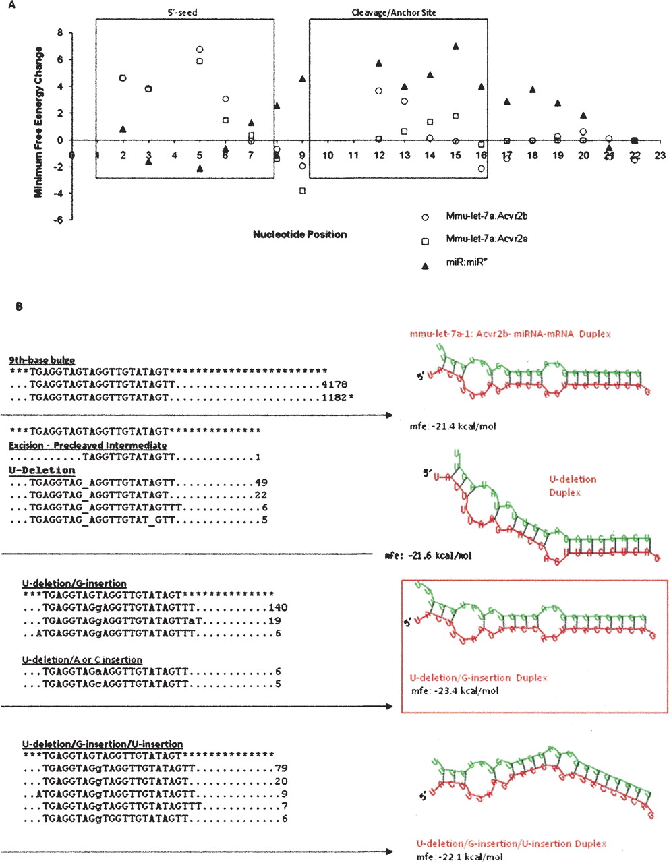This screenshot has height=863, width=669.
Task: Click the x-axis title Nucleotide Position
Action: pyautogui.click(x=299, y=235)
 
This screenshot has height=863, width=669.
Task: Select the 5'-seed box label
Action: pyautogui.click(x=182, y=13)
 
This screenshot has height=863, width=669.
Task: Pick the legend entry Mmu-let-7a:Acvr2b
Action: pyautogui.click(x=481, y=216)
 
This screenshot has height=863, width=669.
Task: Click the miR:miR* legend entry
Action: pyautogui.click(x=467, y=263)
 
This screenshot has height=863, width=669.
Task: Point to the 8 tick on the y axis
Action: pyautogui.click(x=60, y=33)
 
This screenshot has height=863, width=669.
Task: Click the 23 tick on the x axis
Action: pyautogui.click(x=660, y=156)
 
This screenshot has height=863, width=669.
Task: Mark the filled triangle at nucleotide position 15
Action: pyautogui.click(x=456, y=47)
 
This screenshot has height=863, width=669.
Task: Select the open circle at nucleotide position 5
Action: pyautogui.click(x=200, y=49)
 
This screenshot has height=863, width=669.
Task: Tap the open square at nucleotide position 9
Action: pyautogui.click(x=302, y=191)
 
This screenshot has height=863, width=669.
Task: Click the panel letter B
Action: pyautogui.click(x=20, y=307)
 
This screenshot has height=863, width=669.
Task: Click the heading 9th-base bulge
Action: pyautogui.click(x=42, y=361)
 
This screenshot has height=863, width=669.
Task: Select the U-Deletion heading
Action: pyautogui.click(x=42, y=470)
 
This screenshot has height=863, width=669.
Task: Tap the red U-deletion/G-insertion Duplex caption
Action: pyautogui.click(x=478, y=678)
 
